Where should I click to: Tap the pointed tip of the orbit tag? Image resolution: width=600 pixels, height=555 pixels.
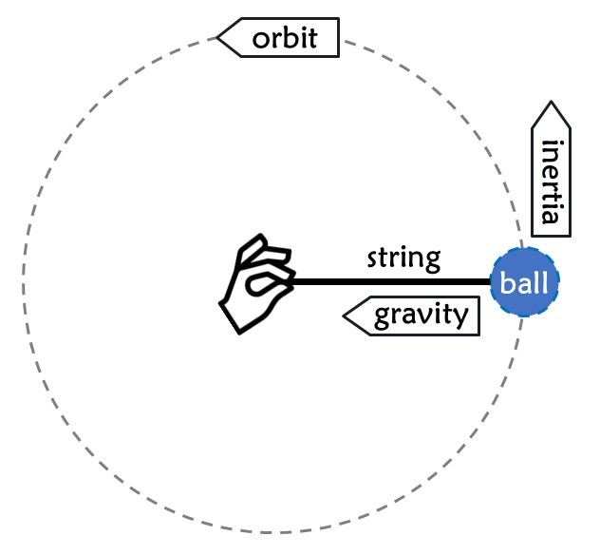pos(218,38)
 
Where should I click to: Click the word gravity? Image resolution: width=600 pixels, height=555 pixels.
pos(422,316)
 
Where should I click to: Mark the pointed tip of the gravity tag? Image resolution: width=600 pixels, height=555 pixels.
pos(345,316)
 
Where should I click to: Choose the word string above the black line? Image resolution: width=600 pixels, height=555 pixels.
pos(403,257)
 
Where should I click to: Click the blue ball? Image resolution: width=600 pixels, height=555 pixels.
pos(525,282)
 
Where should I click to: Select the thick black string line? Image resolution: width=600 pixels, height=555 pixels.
pos(389,282)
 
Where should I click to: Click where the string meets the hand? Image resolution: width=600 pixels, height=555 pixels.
pos(294,282)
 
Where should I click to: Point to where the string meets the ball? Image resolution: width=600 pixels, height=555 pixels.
pos(491,282)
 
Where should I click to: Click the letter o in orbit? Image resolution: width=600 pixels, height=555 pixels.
pos(261,40)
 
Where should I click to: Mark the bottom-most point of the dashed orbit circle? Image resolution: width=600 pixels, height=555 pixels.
pos(272,533)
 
